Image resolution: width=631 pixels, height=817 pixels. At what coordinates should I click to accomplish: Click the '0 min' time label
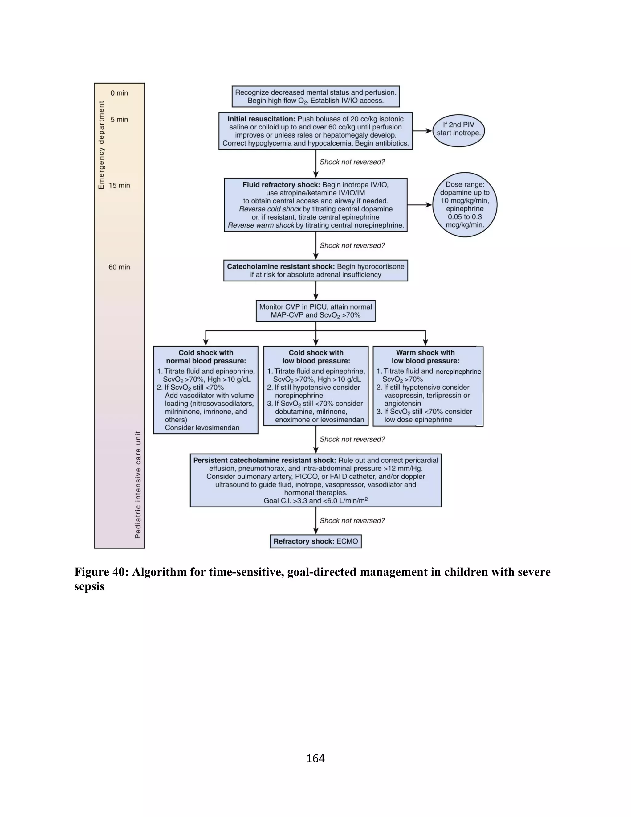(x=119, y=93)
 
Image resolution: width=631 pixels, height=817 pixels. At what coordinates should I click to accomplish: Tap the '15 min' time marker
(x=119, y=186)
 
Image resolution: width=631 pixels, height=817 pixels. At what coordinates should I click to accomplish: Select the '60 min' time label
(x=119, y=267)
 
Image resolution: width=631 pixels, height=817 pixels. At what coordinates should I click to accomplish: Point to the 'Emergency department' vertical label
(x=101, y=145)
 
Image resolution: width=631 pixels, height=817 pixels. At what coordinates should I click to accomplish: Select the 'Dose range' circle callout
(x=464, y=205)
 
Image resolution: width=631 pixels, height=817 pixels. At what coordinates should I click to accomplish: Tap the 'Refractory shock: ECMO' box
(x=315, y=541)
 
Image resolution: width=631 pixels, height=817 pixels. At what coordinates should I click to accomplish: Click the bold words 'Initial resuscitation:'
(x=261, y=119)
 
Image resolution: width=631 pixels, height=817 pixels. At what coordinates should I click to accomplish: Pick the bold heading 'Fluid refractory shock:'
(x=281, y=185)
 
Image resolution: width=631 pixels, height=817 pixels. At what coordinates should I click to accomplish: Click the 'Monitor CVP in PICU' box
(x=315, y=311)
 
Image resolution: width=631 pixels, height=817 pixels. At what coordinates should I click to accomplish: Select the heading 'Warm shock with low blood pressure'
(x=425, y=357)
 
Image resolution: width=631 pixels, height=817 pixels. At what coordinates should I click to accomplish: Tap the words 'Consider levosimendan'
(x=202, y=428)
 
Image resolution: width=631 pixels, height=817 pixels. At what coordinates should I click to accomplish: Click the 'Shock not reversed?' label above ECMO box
(x=352, y=521)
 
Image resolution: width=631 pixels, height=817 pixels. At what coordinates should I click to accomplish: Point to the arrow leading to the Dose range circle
(x=419, y=205)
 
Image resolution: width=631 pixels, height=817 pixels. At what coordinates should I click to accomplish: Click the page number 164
(x=315, y=758)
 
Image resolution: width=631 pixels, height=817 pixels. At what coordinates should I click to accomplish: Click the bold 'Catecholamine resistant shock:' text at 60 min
(x=281, y=267)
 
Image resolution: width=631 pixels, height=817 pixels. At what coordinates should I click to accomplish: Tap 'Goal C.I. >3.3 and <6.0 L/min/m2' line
(x=315, y=500)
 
